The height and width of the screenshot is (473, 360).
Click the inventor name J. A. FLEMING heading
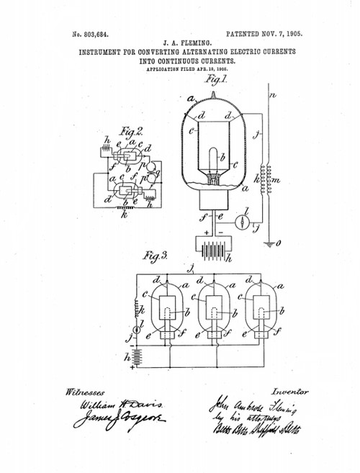coord(179,42)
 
